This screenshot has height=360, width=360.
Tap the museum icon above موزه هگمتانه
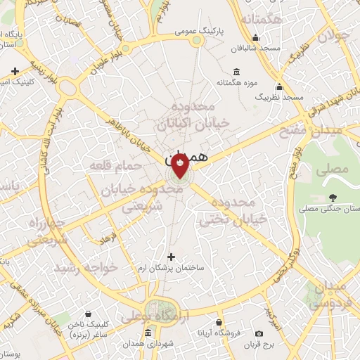pos(236,72)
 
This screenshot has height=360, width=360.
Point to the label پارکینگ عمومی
pos(204,32)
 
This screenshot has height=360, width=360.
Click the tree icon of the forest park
pos(333,198)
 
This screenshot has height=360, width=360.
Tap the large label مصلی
pos(335,169)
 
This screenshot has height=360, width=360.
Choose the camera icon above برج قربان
pos(259,333)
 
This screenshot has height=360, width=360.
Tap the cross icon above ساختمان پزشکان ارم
pos(171,257)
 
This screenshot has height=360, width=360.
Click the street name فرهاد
pos(108,238)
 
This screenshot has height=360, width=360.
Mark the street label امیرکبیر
pos(273,312)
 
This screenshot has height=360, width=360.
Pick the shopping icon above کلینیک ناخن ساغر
pos(89,314)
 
